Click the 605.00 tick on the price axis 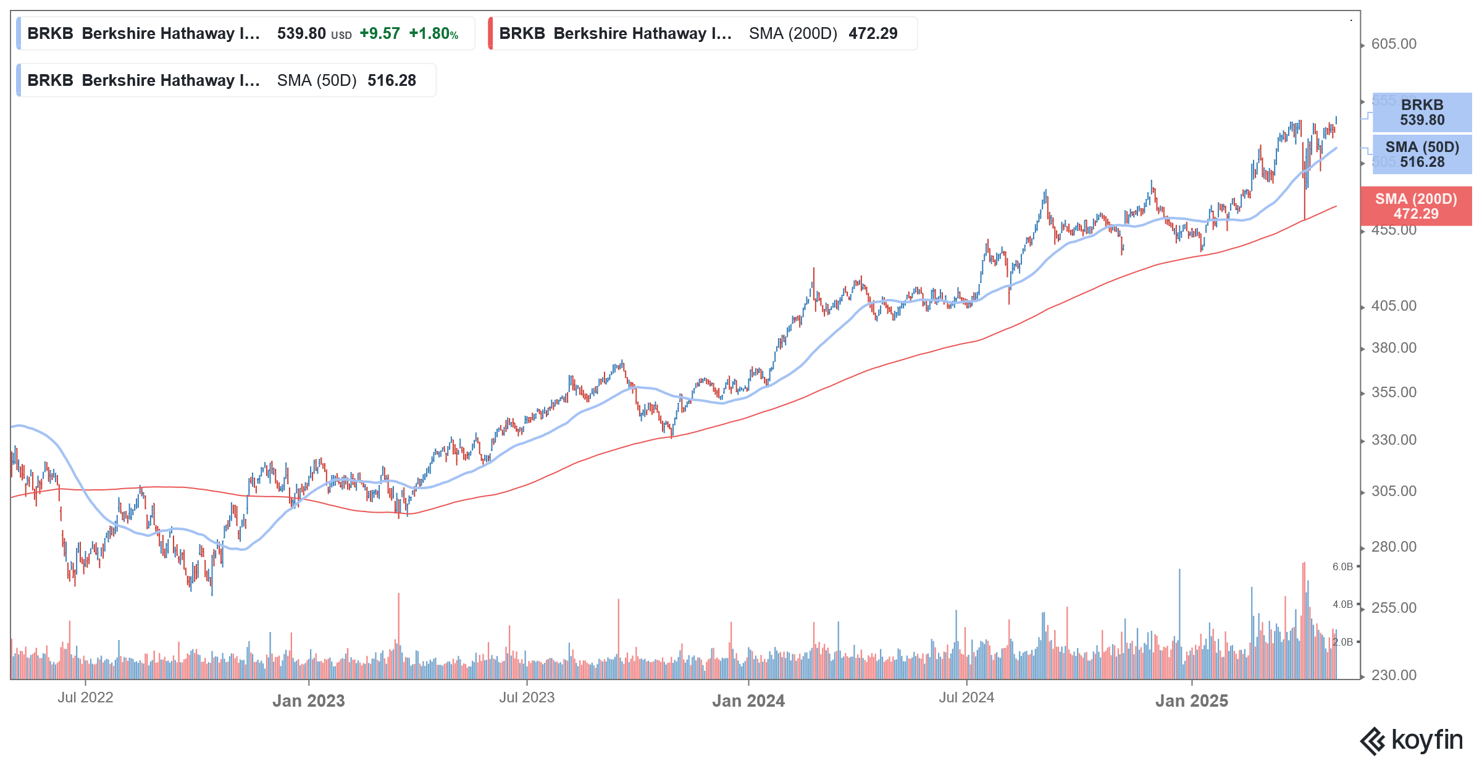tap(1394, 44)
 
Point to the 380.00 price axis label tap(1394, 348)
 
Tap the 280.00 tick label tap(1394, 547)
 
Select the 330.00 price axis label tap(1394, 440)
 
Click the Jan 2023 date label tap(309, 701)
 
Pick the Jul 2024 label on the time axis tap(966, 697)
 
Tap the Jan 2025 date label tap(1192, 701)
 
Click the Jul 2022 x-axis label tap(85, 697)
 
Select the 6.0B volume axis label tap(1342, 566)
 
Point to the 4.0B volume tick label tap(1342, 604)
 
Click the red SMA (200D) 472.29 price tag tap(1416, 206)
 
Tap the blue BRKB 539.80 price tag tap(1422, 112)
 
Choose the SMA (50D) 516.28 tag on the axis tap(1422, 154)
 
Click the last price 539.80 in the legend tap(301, 33)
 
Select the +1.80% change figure tap(433, 33)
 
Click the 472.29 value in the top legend tap(873, 33)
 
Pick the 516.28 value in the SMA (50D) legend tap(391, 80)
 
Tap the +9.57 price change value tap(380, 33)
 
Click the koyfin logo tap(1411, 740)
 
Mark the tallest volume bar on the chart tap(1304, 618)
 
